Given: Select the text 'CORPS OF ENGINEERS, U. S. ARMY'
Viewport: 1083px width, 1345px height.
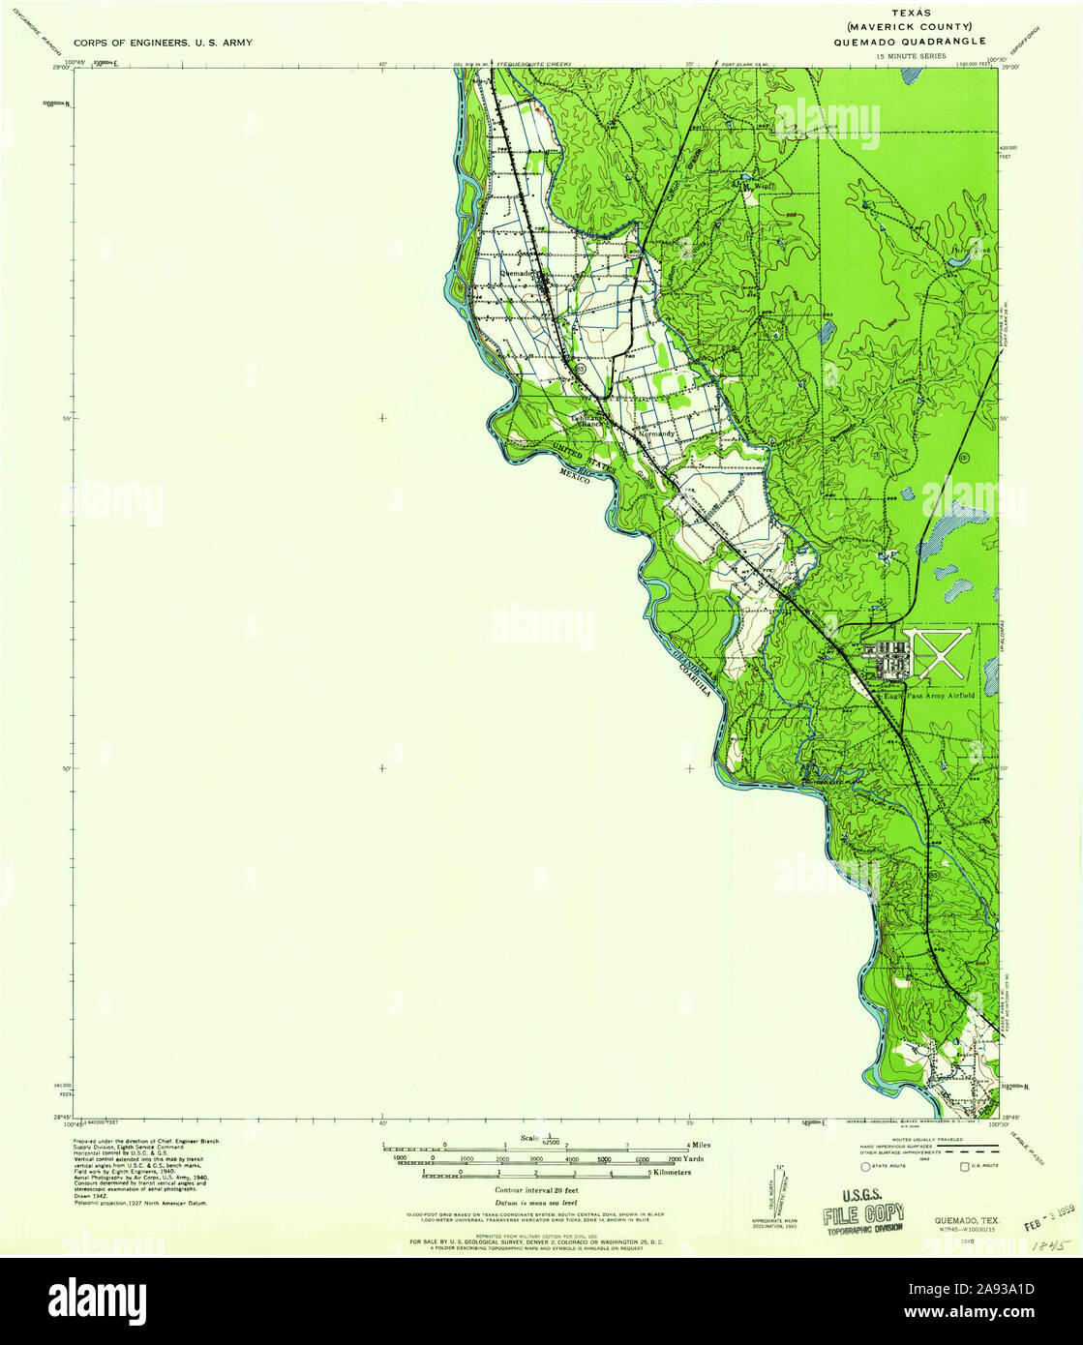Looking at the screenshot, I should [163, 44].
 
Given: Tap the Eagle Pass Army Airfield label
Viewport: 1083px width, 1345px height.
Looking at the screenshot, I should [928, 695].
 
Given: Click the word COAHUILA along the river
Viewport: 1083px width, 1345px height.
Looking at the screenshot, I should [695, 676].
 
